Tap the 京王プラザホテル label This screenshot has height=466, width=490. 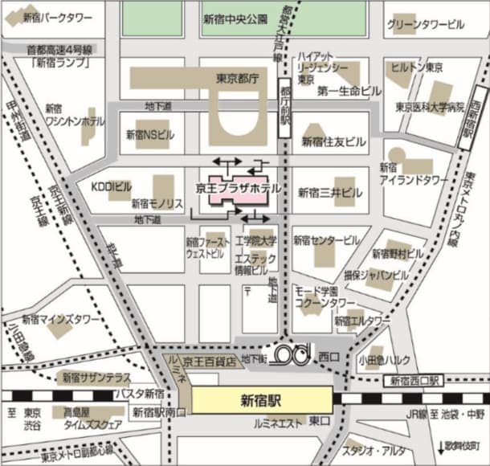pos(239,188)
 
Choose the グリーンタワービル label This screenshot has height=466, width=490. pos(425,25)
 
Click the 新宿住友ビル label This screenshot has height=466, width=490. pos(333,141)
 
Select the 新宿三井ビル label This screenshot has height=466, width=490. pos(329,193)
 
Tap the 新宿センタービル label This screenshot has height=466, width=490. pos(326,240)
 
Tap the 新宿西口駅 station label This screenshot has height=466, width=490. pos(413,381)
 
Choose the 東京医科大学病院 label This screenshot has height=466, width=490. pos(430,107)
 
